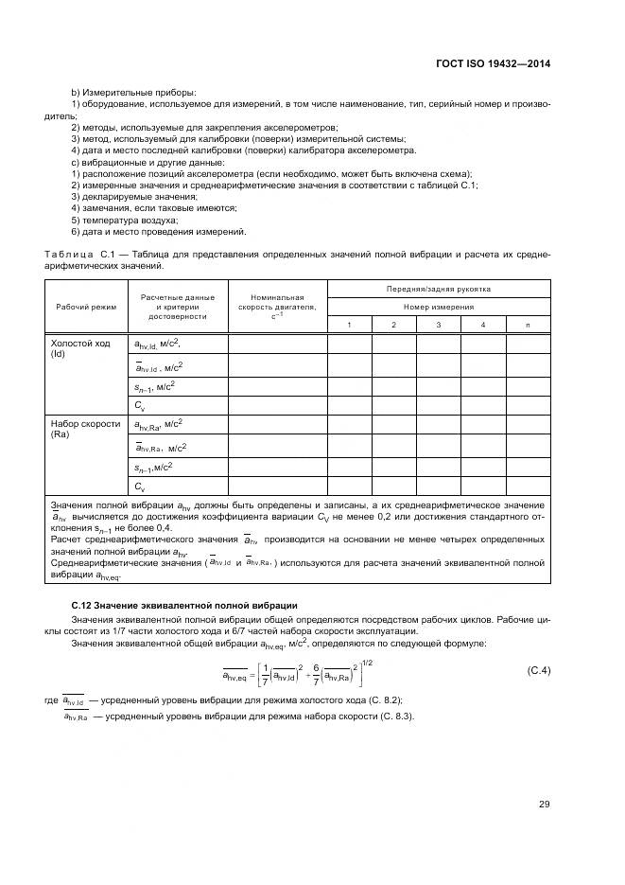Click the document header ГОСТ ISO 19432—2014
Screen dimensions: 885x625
tap(495, 62)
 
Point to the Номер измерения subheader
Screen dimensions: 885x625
tap(438, 307)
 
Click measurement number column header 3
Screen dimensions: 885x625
tap(439, 325)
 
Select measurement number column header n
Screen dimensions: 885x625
tap(529, 325)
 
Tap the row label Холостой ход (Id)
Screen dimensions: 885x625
tap(74, 349)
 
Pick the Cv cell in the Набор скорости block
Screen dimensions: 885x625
tap(139, 487)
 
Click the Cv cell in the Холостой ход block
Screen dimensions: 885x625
tap(139, 405)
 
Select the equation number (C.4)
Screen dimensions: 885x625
tap(538, 671)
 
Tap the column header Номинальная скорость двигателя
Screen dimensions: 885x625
tap(276, 307)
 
